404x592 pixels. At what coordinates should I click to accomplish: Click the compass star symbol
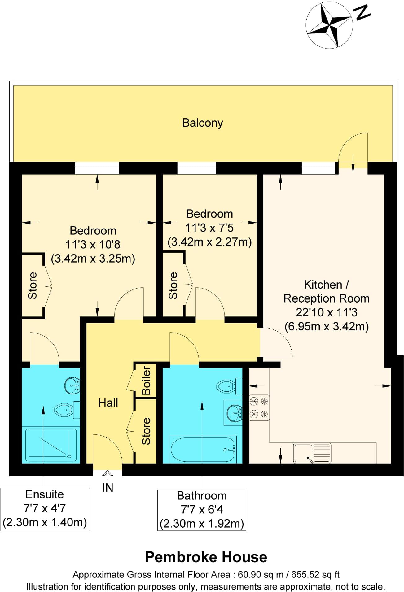tap(329, 24)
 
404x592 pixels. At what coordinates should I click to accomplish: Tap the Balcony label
tap(203, 123)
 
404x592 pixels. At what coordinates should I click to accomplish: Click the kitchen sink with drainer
tap(312, 453)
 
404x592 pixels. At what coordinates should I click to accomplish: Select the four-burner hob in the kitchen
tap(259, 407)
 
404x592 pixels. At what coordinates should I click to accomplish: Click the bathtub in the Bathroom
tap(203, 449)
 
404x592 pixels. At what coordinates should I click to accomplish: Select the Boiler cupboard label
tap(146, 381)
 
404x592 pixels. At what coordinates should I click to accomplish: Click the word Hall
tap(108, 403)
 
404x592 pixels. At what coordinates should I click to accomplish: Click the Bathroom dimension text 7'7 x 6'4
tap(202, 509)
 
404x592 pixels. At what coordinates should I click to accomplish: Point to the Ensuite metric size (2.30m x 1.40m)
tap(45, 522)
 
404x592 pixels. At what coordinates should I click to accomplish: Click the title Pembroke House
tap(206, 557)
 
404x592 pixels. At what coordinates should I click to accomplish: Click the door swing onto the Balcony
tap(353, 149)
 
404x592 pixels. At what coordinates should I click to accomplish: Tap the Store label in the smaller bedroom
tap(173, 285)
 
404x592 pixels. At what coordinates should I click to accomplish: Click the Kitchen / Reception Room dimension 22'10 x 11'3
tap(327, 312)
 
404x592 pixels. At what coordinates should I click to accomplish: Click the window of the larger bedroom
tap(97, 169)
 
